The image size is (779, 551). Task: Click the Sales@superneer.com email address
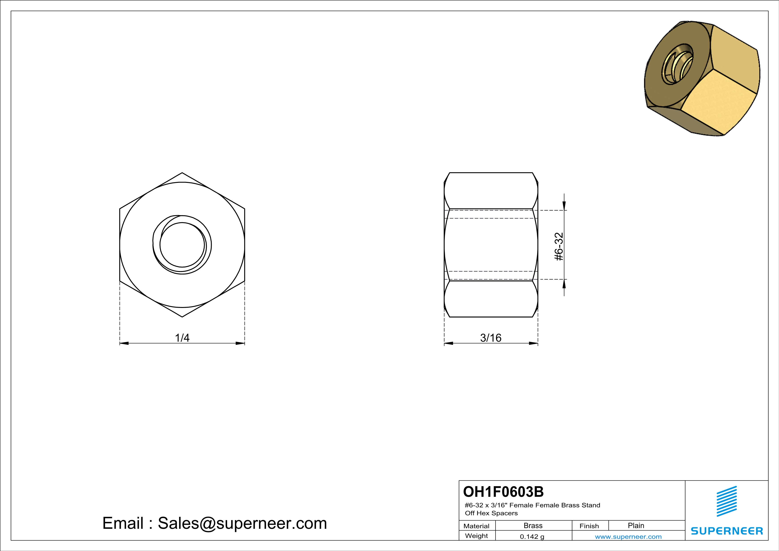click(x=242, y=523)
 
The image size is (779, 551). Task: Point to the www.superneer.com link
click(x=628, y=537)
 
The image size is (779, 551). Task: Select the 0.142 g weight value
click(x=532, y=537)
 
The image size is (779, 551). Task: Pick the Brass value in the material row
click(x=533, y=525)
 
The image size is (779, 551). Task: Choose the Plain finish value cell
click(x=636, y=525)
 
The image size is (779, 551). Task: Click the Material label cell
click(x=476, y=526)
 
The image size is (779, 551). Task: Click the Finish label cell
click(x=589, y=526)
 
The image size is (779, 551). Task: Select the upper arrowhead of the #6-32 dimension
click(x=564, y=206)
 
